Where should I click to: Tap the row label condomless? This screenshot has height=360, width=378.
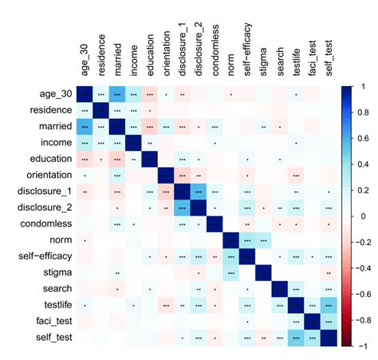pyautogui.click(x=47, y=224)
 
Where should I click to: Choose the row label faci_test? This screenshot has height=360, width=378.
pyautogui.click(x=53, y=322)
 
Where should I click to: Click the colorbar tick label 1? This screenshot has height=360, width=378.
pyautogui.click(x=360, y=84)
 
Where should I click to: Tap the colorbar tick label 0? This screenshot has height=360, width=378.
pyautogui.click(x=360, y=215)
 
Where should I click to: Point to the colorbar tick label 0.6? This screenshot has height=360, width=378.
pyautogui.click(x=362, y=136)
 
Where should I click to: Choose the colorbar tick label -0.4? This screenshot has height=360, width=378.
pyautogui.click(x=364, y=267)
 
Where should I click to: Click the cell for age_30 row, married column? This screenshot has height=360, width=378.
pyautogui.click(x=118, y=93)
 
